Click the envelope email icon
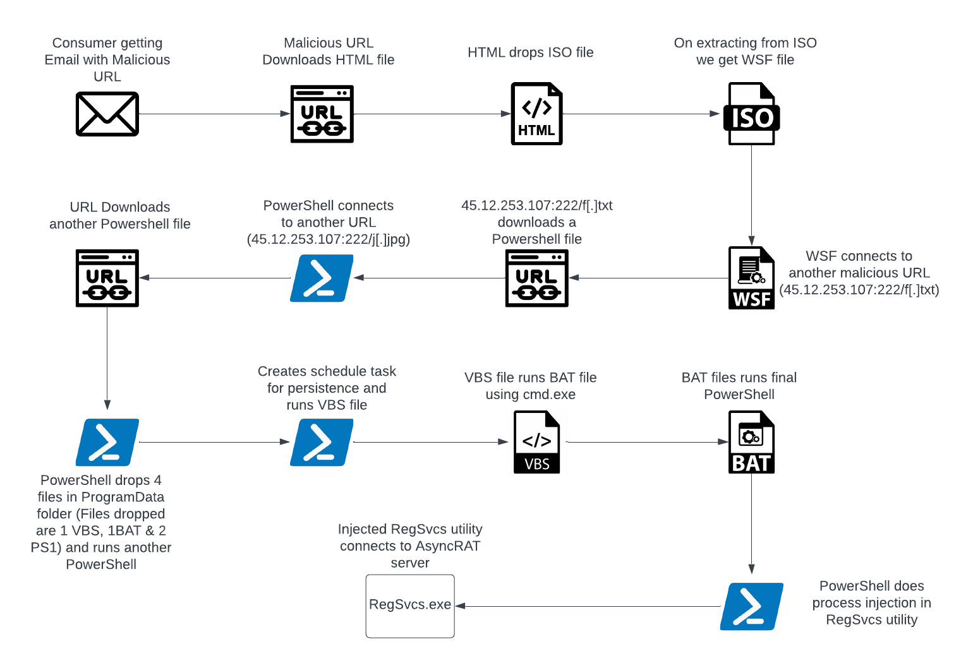(107, 114)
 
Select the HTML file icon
(536, 114)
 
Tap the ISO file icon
(751, 114)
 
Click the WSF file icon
(751, 278)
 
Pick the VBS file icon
(536, 442)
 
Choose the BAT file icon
(751, 442)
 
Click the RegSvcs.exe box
(410, 606)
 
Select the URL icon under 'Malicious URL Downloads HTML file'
(322, 114)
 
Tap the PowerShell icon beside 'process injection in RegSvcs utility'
(751, 606)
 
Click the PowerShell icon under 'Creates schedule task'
(322, 442)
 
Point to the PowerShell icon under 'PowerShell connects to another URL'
(322, 278)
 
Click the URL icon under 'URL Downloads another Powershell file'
(107, 278)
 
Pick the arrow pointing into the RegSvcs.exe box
(588, 606)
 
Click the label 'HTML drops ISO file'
(531, 52)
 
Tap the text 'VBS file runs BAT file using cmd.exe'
(531, 386)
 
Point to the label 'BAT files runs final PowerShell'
(739, 386)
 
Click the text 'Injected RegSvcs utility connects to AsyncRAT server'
(410, 546)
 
